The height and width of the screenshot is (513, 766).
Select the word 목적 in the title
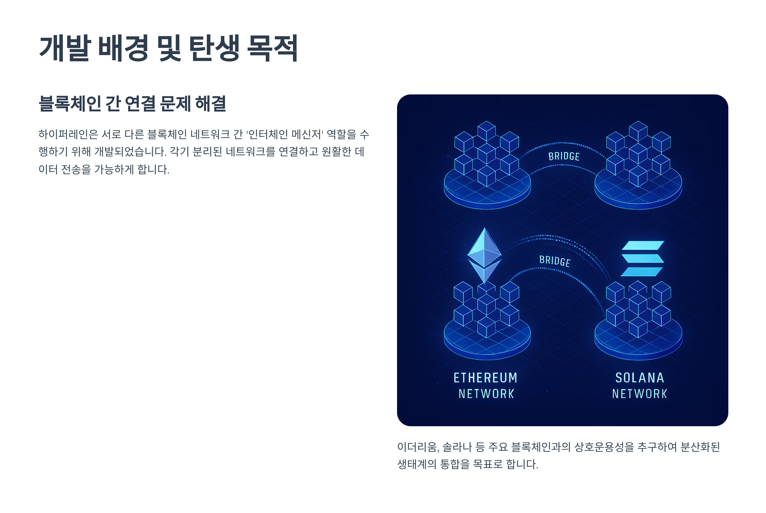272,48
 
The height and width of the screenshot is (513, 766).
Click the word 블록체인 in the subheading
70,104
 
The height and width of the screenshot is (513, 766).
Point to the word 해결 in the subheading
211,104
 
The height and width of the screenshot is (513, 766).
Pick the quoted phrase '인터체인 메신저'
285,134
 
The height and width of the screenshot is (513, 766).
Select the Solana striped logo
642,258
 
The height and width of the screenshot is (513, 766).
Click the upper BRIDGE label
564,156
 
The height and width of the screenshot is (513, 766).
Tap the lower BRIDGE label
555,261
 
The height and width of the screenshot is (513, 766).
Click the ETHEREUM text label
485,378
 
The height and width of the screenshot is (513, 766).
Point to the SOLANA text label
640,378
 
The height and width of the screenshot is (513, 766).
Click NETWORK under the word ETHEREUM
486,394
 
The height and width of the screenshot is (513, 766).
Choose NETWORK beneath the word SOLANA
640,394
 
